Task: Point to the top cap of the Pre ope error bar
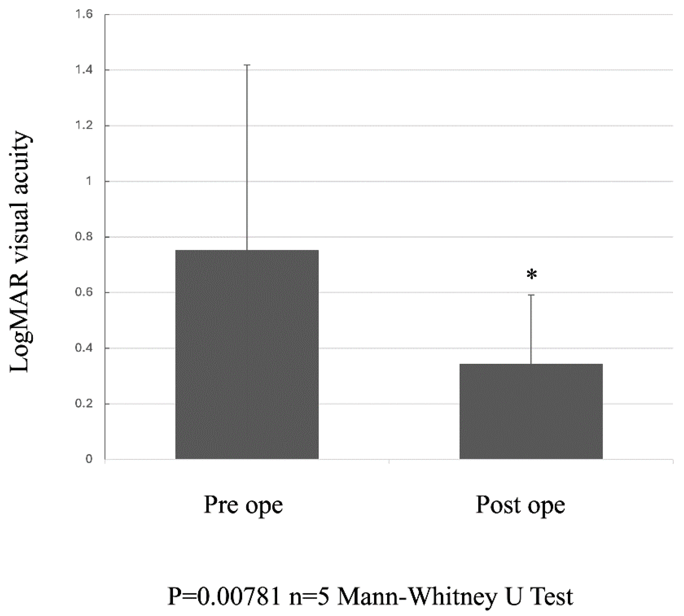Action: click(247, 65)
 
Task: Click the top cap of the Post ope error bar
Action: click(531, 295)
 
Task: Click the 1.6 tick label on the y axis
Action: click(85, 15)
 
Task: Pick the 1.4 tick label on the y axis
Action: click(85, 70)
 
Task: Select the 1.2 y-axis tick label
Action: click(85, 126)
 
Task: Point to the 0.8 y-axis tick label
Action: click(85, 237)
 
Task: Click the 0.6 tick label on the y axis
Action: click(85, 292)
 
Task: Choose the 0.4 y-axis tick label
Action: click(85, 348)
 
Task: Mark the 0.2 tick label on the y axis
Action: click(85, 404)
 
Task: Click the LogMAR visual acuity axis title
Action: click(20, 253)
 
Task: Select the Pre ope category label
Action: click(243, 505)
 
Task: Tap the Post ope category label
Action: click(520, 505)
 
